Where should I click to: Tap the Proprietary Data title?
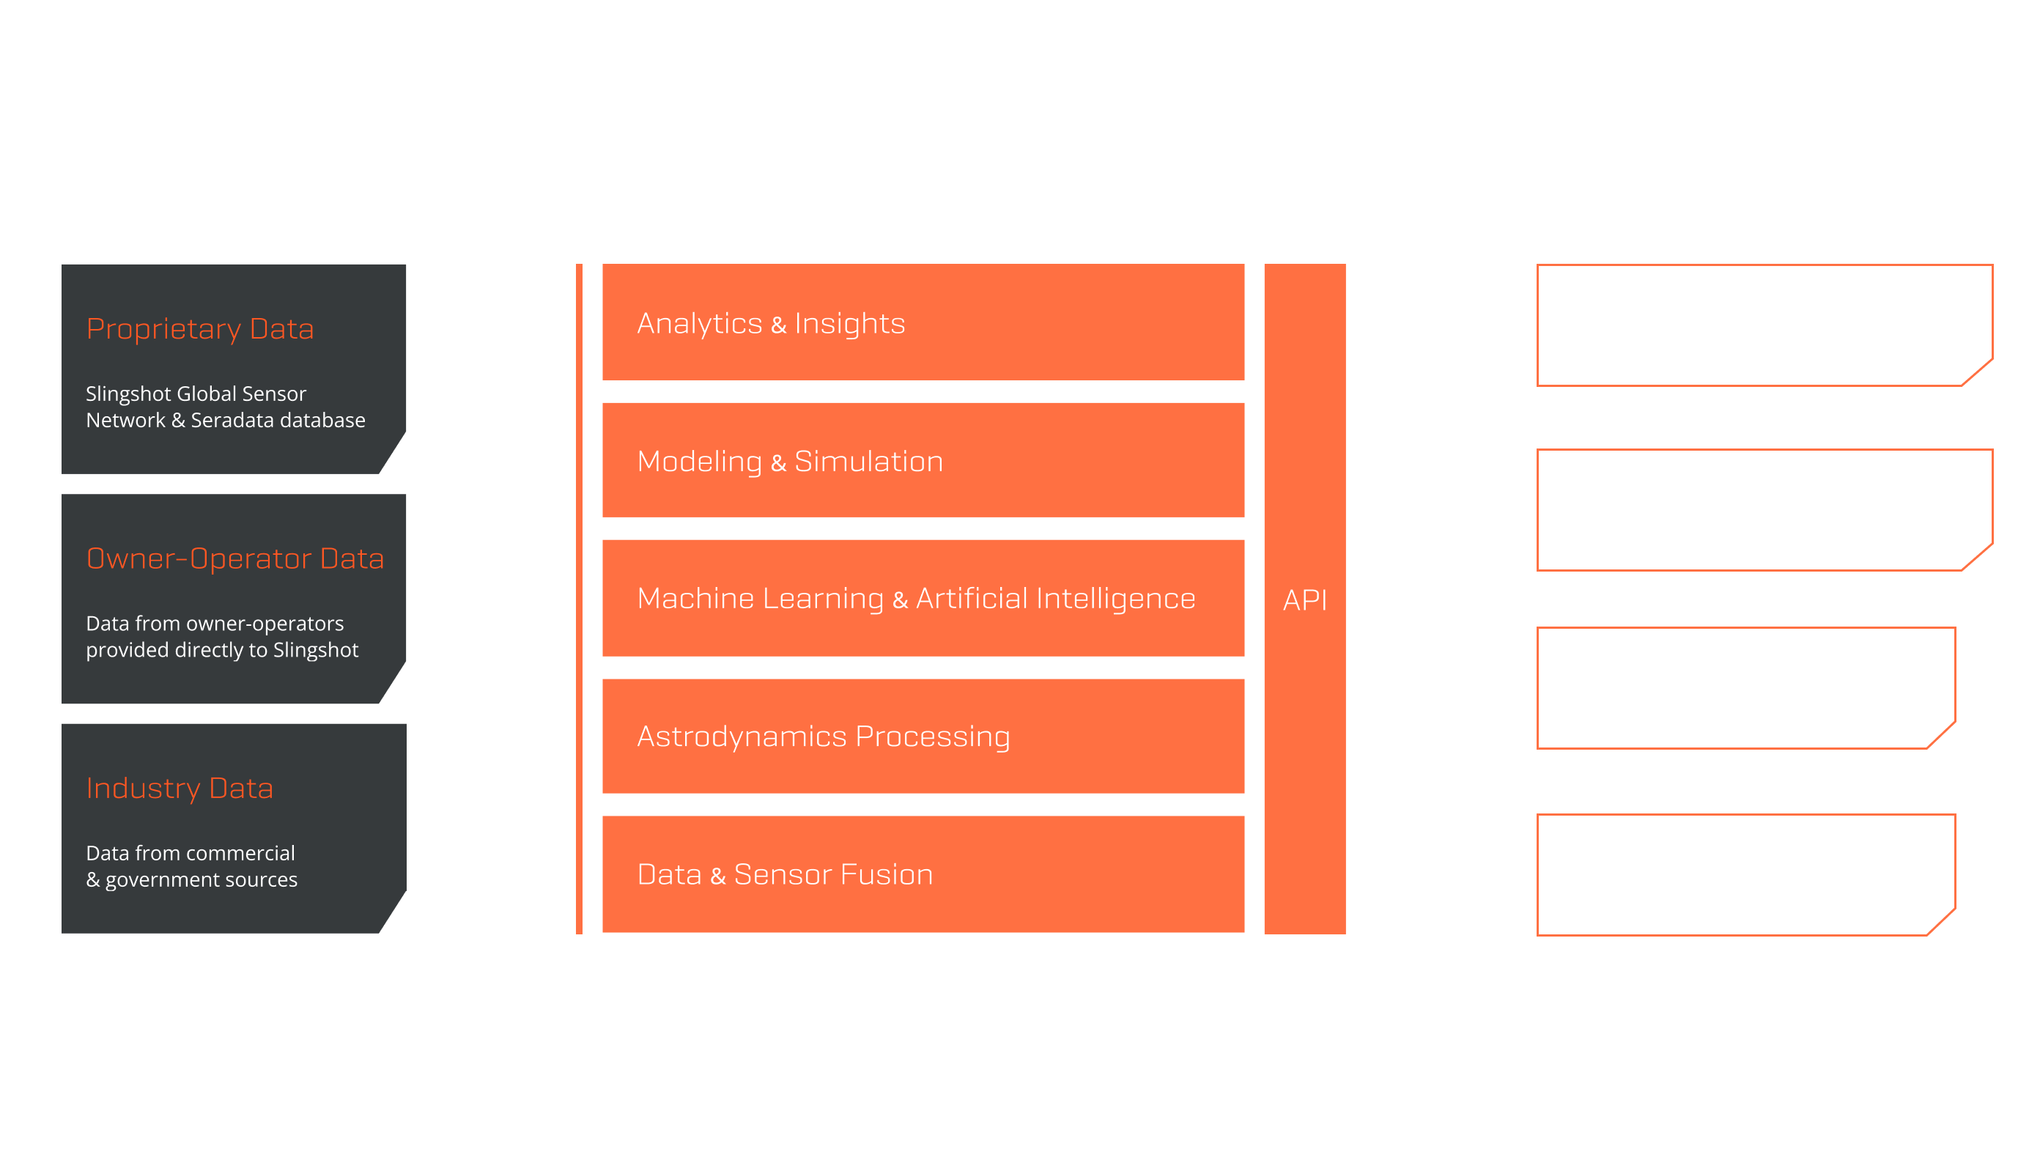tap(199, 329)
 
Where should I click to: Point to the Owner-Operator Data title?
tap(234, 558)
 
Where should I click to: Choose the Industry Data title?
tap(180, 789)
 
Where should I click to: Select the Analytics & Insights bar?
tap(923, 322)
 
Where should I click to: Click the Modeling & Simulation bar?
tap(923, 460)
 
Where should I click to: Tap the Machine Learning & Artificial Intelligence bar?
tap(923, 598)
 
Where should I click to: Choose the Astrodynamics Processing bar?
tap(923, 736)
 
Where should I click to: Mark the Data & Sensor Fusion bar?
tap(923, 874)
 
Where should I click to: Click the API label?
tap(1304, 600)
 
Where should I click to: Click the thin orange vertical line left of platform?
tap(579, 598)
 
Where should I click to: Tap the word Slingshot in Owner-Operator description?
tap(315, 650)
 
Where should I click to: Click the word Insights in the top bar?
tap(849, 323)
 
